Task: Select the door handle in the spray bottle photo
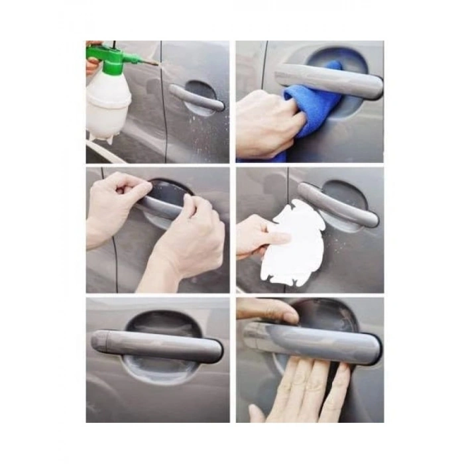[196, 97]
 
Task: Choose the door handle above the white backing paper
[338, 205]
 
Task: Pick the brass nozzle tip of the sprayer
[154, 63]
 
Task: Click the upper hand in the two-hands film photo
[119, 192]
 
